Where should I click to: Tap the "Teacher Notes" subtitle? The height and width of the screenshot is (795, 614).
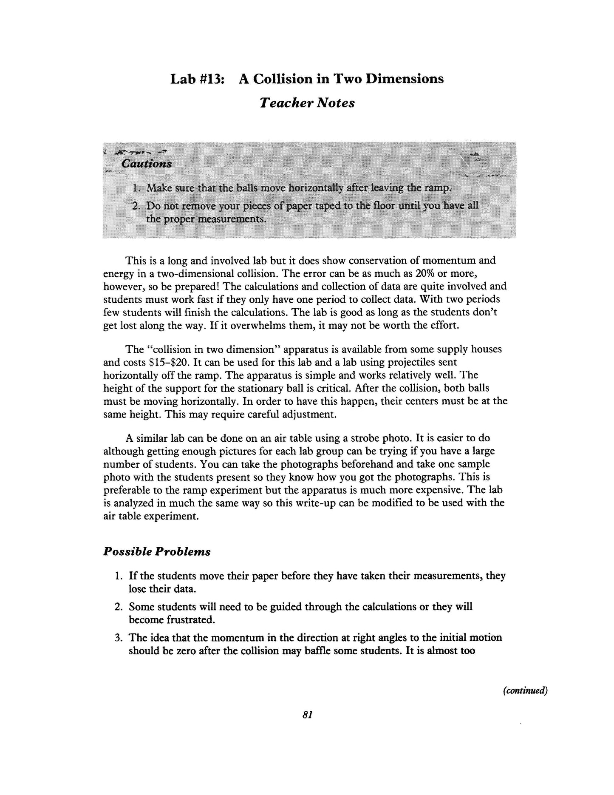pos(307,103)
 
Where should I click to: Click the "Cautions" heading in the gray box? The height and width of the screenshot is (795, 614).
pos(146,164)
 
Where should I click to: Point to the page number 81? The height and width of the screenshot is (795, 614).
pos(308,715)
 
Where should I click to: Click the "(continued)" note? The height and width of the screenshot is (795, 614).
pos(525,691)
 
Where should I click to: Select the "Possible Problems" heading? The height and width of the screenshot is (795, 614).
pos(157,552)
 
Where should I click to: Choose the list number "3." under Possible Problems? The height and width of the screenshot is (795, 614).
pos(119,638)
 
